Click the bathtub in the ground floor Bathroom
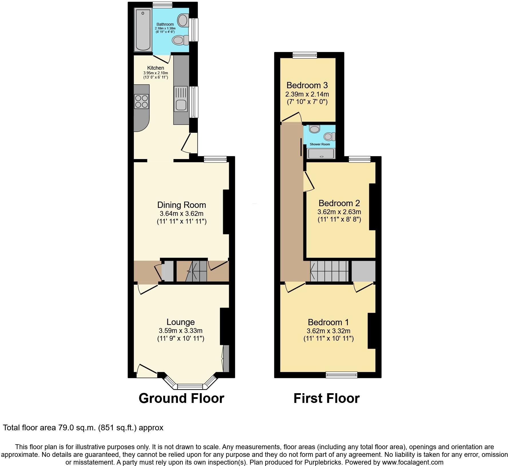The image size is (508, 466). (143, 30)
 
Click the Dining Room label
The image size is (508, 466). (181, 205)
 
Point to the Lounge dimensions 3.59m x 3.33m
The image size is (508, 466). (180, 331)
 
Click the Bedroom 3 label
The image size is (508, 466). (307, 85)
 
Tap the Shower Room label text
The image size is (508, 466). (320, 144)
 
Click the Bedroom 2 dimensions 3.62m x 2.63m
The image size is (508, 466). (339, 212)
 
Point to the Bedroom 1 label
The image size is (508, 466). (328, 322)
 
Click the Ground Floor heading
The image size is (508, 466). (181, 398)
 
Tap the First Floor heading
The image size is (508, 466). (326, 398)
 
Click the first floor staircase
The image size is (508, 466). (329, 271)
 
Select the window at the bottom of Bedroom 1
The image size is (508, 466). (342, 375)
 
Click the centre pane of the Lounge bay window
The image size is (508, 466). (190, 387)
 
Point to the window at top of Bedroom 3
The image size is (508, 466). (305, 55)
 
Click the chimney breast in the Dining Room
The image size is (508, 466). (226, 212)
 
